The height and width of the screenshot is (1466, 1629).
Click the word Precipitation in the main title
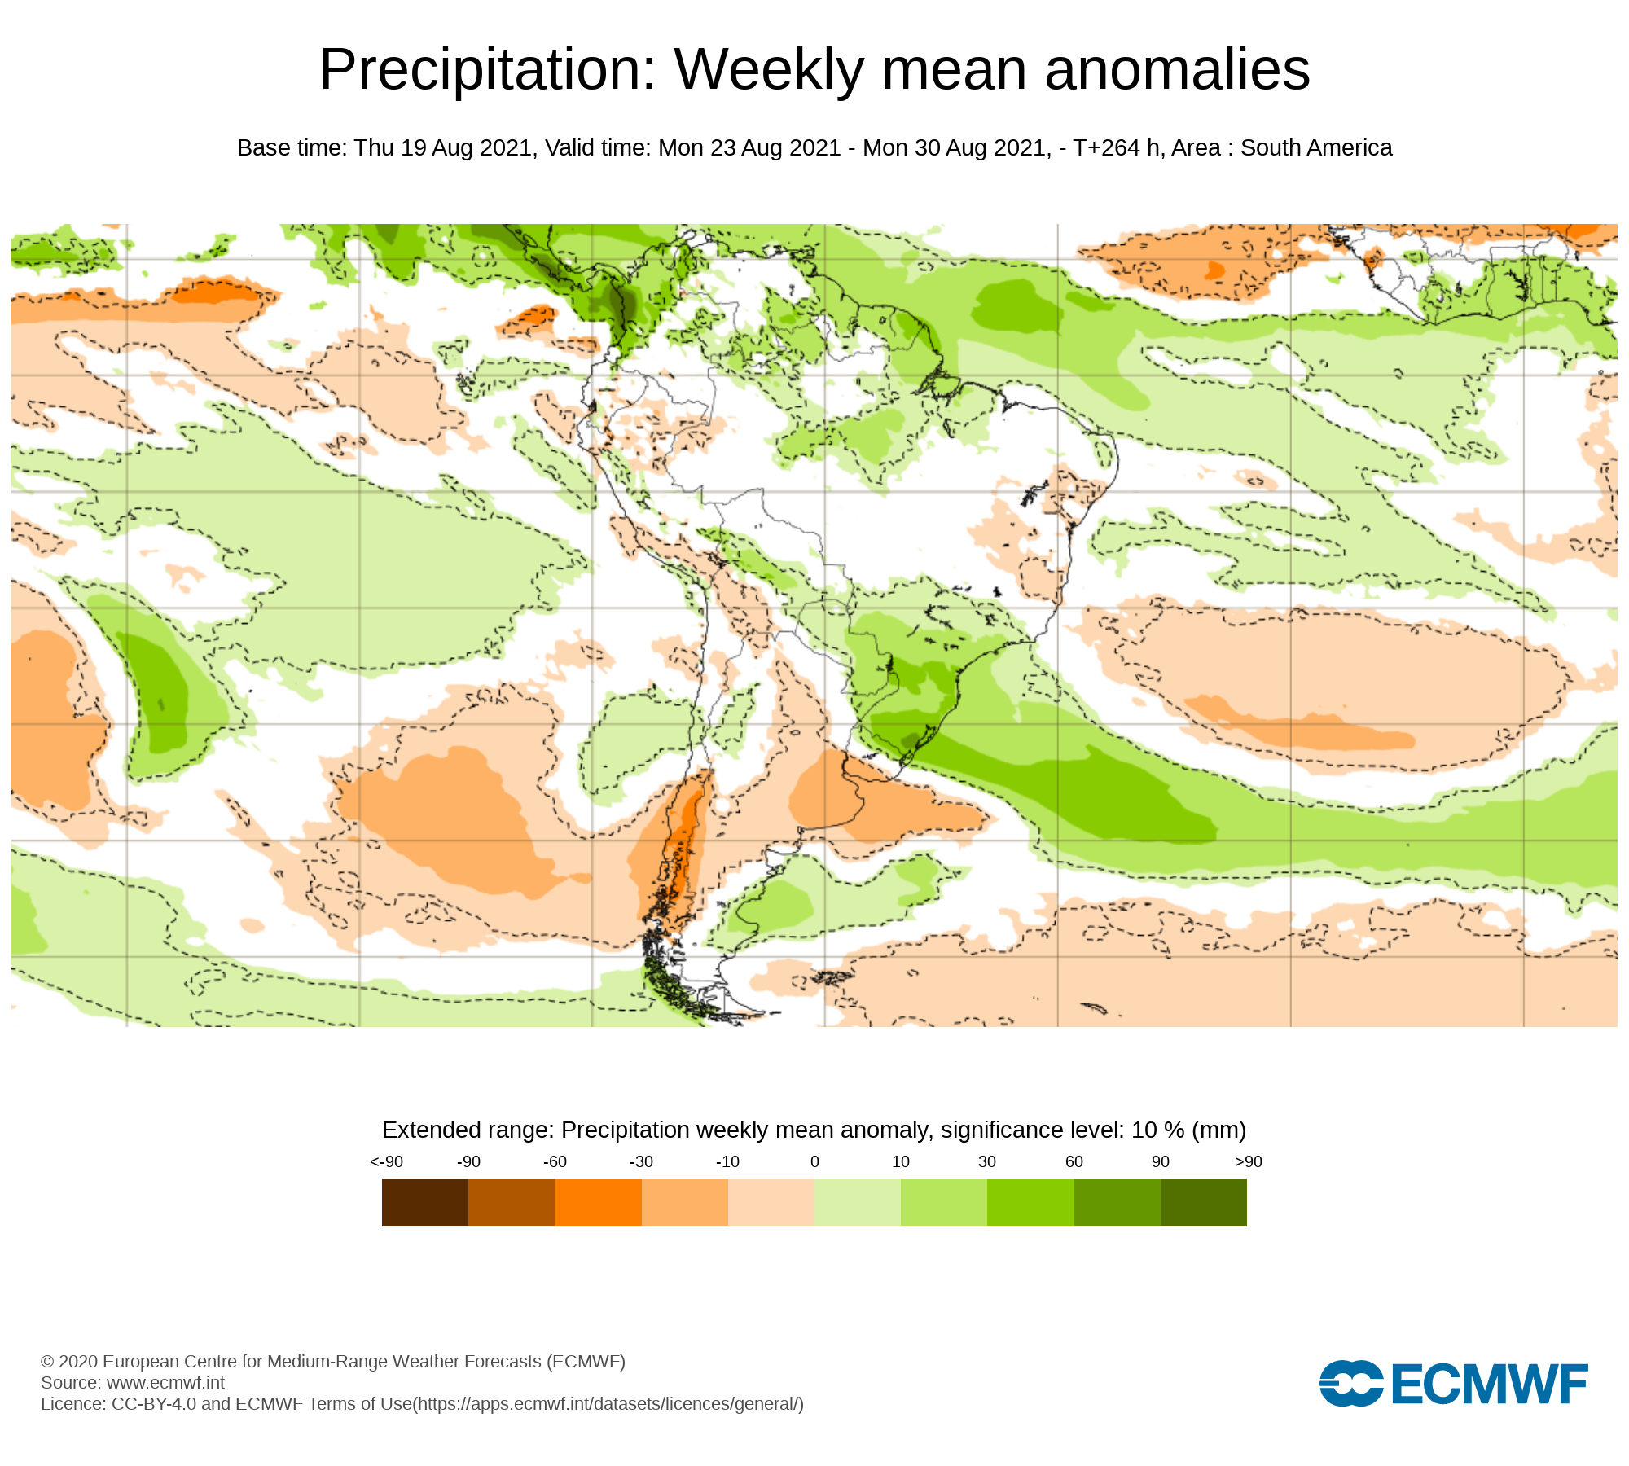[487, 70]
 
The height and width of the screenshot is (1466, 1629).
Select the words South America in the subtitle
[1316, 148]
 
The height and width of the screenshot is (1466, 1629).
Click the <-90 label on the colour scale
[386, 1161]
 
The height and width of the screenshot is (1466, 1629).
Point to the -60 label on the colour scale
[555, 1161]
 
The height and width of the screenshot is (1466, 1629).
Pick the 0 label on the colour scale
[814, 1161]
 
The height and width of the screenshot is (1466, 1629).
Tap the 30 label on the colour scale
[987, 1161]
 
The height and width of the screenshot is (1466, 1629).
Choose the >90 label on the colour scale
[1248, 1161]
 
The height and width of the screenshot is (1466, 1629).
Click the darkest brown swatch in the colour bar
[425, 1202]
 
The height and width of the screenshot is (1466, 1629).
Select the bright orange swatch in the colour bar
[598, 1202]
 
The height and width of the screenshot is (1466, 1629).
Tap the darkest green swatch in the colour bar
[1204, 1202]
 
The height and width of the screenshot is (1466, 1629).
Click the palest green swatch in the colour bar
[858, 1202]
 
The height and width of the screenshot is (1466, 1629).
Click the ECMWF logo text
[1490, 1384]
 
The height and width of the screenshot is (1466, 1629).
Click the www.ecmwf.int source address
[165, 1382]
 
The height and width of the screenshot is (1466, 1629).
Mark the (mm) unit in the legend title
[1218, 1130]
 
